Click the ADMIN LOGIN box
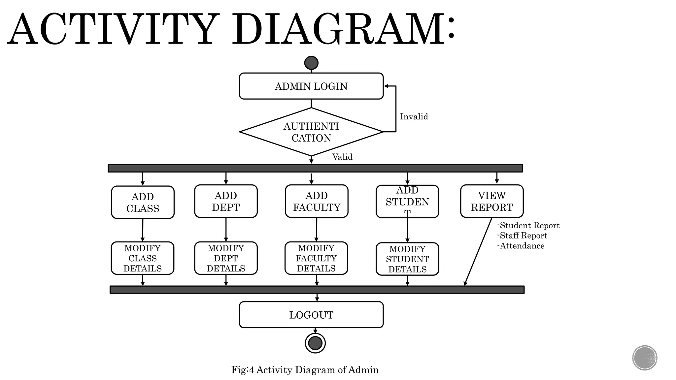[x=311, y=86]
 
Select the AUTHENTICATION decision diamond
[x=311, y=132]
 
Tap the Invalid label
[x=414, y=116]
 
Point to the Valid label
[x=342, y=157]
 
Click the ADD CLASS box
[x=143, y=202]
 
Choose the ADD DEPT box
[x=226, y=201]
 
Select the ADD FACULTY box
[x=317, y=201]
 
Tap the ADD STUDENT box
[x=407, y=201]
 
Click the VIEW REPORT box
[x=491, y=201]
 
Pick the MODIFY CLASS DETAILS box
[x=142, y=258]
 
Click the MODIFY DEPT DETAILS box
[x=226, y=258]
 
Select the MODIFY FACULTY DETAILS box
[x=316, y=258]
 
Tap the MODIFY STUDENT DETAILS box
[x=407, y=259]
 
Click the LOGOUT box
[x=311, y=315]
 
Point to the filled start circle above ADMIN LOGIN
[x=311, y=63]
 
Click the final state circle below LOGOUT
[x=315, y=343]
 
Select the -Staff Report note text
[x=523, y=236]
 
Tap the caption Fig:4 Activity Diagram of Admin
[x=305, y=370]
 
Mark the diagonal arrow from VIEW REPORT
[x=478, y=251]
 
